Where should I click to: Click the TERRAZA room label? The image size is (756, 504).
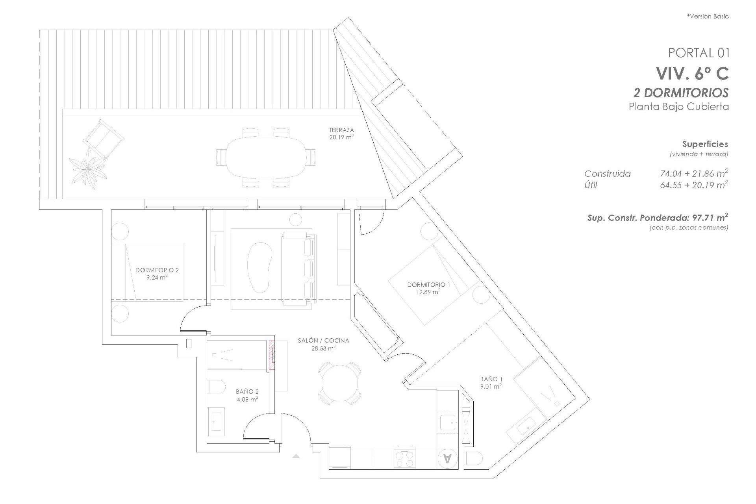point(341,130)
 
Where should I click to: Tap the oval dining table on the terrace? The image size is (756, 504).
point(266,157)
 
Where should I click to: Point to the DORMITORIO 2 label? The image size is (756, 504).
point(157,270)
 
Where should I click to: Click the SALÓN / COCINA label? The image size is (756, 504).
point(323,341)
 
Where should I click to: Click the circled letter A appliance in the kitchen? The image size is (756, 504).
point(447,458)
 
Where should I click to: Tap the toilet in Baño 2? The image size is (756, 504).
point(215,387)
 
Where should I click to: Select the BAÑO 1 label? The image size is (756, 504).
point(491,379)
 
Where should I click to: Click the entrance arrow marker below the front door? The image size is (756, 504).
point(296,456)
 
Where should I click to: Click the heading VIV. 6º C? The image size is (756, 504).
point(692,73)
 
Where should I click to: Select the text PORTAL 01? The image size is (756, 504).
point(699,52)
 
